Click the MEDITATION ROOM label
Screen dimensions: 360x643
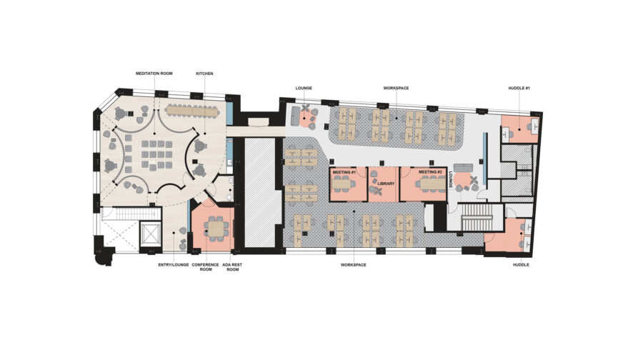click(154, 74)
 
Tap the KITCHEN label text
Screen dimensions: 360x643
click(205, 74)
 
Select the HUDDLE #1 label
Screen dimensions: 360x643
click(519, 88)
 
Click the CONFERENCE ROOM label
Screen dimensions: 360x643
click(206, 267)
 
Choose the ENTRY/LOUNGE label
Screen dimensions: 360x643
click(174, 264)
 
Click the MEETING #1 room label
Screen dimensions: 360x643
click(344, 172)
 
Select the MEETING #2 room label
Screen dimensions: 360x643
click(431, 172)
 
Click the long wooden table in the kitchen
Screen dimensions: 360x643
click(193, 111)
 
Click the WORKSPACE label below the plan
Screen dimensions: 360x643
click(354, 265)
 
